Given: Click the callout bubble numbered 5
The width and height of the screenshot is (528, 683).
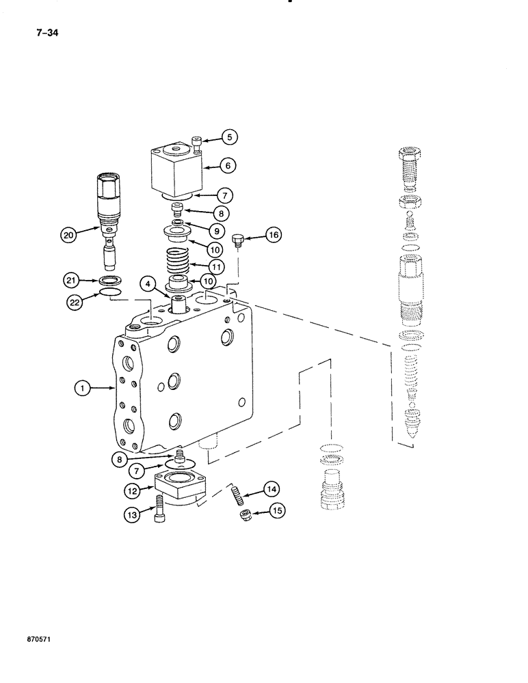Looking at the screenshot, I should pos(229,137).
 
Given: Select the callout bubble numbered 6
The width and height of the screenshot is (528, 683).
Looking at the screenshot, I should pos(229,165).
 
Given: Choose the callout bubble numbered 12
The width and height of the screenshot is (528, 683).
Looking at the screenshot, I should pos(133,489).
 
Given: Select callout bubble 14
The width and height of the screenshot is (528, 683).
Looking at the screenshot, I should pos(272,488).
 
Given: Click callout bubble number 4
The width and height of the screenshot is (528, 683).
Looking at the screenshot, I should pos(147,282).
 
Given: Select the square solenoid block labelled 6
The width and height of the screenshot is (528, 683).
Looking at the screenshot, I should pos(174,169).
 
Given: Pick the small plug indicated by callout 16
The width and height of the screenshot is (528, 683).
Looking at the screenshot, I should pos(238,240).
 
